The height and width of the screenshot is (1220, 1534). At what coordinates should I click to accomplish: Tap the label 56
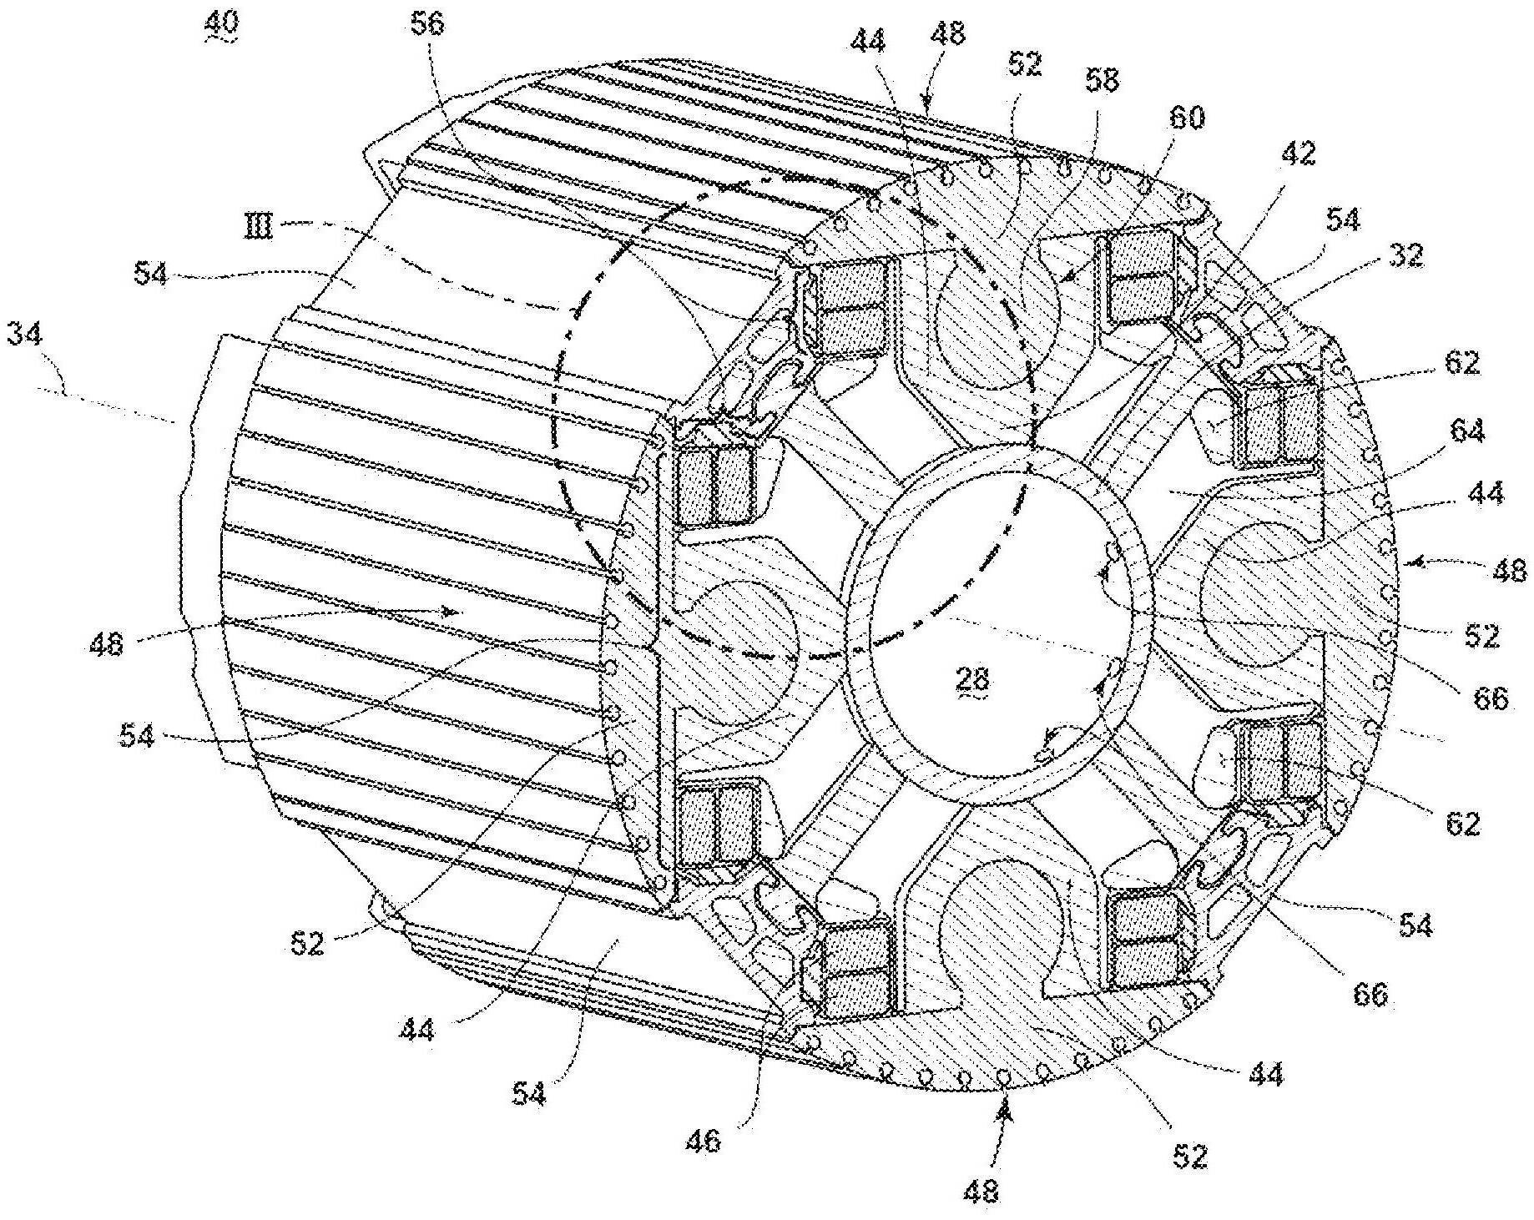click(x=427, y=24)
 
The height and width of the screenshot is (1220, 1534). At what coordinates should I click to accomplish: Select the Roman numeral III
click(x=259, y=225)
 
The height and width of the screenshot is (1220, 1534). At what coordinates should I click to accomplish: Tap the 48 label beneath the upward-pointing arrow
click(x=981, y=1190)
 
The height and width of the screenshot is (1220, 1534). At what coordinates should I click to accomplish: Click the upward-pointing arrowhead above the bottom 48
click(x=1004, y=1107)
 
